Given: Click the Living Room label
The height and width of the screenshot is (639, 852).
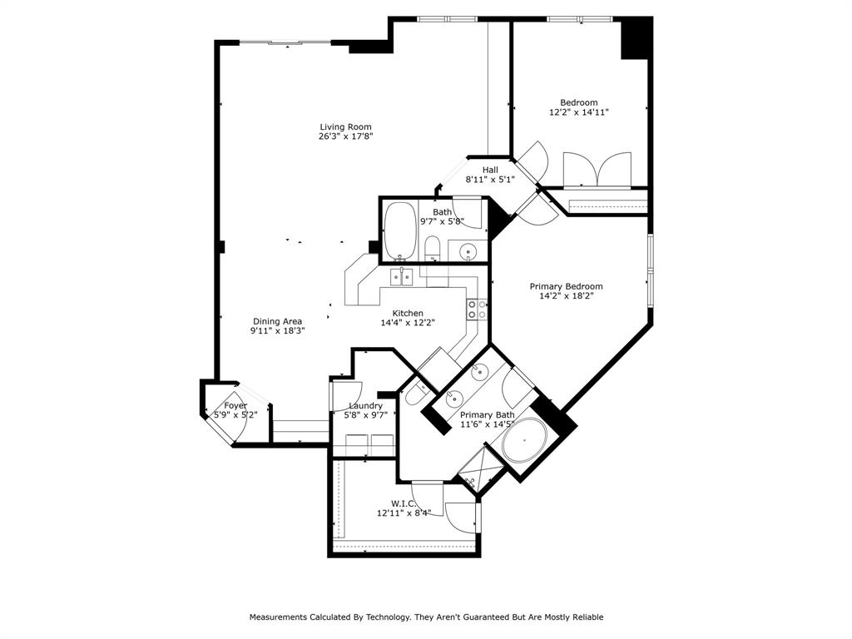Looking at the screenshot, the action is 345,127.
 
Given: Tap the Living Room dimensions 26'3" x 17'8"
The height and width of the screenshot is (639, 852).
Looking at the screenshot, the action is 345,136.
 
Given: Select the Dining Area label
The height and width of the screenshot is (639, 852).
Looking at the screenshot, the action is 277,321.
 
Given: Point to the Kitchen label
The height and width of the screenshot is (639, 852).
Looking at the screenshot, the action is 408,313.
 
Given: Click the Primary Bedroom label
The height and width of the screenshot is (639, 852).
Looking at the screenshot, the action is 566,286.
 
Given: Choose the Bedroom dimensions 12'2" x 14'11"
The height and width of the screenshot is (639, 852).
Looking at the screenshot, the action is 579,112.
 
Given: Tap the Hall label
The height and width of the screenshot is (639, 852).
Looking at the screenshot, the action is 490,170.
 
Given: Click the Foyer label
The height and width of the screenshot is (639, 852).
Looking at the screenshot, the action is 235,405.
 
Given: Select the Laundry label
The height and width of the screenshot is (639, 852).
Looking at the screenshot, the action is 366,406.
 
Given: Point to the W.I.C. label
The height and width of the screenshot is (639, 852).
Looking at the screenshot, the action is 404,503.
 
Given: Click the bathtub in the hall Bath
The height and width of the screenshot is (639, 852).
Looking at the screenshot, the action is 399,231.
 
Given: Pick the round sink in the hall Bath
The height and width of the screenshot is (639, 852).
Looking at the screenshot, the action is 468,251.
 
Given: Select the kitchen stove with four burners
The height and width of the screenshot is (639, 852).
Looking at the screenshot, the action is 477,310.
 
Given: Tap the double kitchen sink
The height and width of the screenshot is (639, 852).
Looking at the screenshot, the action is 402,276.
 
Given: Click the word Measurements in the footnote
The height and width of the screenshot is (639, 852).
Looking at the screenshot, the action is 278,617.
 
